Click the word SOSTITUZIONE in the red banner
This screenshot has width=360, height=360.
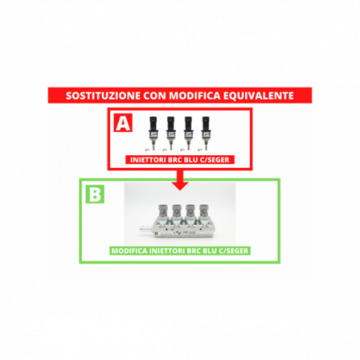point(103,96)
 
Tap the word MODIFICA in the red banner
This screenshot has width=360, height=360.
point(194,96)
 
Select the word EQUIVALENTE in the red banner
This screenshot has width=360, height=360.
point(258,96)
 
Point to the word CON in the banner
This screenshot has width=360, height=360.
point(155,96)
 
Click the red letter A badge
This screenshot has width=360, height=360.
point(123,123)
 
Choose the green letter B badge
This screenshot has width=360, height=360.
point(95,194)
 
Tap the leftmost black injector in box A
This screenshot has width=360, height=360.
point(153,133)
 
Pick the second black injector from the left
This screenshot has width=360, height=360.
point(170,133)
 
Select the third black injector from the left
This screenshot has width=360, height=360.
point(188,133)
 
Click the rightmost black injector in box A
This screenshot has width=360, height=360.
point(205,133)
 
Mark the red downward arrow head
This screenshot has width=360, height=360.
point(180,186)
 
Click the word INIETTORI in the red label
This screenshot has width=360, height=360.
point(148,160)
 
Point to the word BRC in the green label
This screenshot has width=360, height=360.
point(196,251)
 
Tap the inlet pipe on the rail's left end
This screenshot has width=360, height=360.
point(146,229)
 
